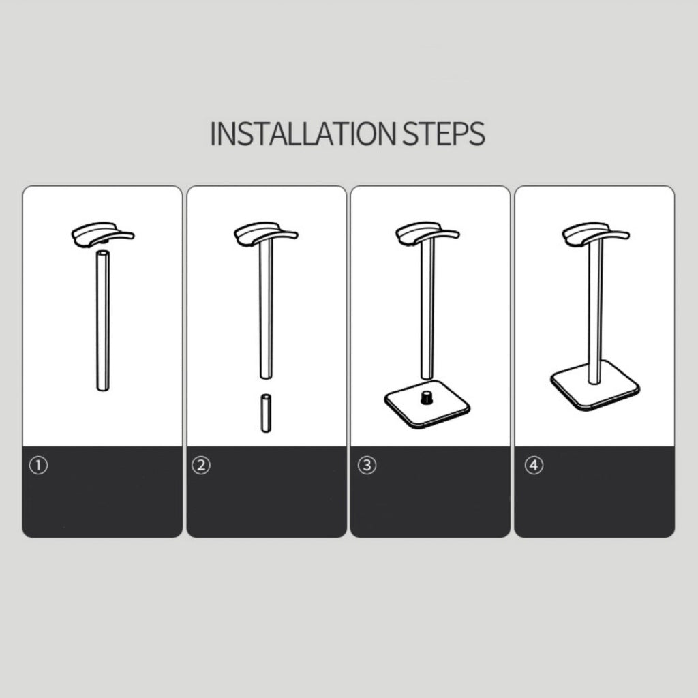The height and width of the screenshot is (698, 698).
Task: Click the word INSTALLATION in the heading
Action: point(303,133)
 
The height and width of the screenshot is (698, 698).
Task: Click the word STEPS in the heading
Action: point(444,133)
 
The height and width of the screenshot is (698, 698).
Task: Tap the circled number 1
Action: point(38,466)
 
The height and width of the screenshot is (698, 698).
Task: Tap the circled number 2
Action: point(201,466)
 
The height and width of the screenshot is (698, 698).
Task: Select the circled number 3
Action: point(367,466)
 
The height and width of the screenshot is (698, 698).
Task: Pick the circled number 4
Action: point(534,466)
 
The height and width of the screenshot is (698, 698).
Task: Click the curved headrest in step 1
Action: point(102,234)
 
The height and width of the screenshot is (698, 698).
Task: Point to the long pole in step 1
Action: point(103,321)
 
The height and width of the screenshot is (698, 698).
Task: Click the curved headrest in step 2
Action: point(266,234)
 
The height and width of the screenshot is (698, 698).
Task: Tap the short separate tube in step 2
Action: point(266,412)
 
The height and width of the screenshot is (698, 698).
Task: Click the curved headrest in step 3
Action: point(427,234)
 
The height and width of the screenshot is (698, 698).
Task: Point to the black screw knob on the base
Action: point(427,397)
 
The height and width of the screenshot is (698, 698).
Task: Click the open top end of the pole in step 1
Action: point(103,254)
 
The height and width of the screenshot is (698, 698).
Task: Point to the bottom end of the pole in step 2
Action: point(267,376)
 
